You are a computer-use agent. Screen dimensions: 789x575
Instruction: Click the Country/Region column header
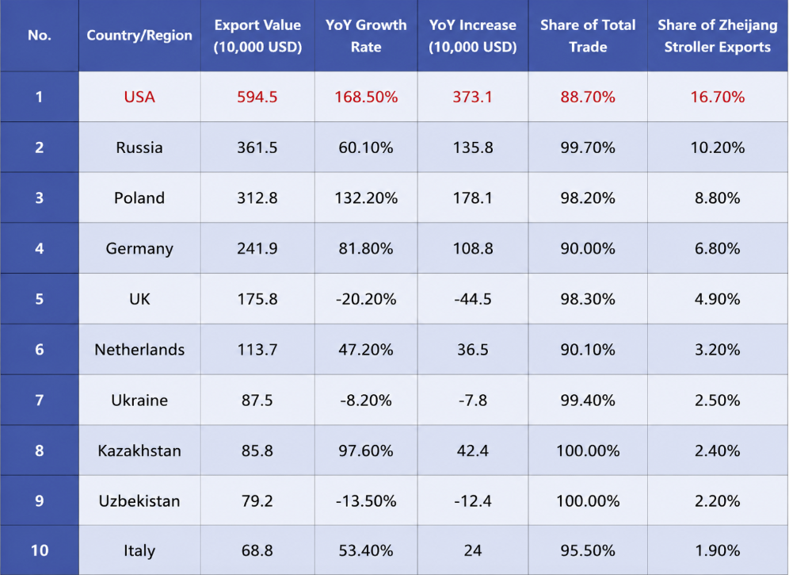pos(139,35)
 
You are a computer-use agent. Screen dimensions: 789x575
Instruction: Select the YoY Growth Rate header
pos(366,36)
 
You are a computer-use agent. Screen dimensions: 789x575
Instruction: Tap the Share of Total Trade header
pos(588,36)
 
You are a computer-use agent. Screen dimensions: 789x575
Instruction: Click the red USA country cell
pos(139,97)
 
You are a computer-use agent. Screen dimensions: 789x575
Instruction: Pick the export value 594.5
pos(257,97)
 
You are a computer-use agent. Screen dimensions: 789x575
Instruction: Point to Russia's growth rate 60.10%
pos(366,148)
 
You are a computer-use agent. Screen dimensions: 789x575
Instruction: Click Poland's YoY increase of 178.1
pos(472,198)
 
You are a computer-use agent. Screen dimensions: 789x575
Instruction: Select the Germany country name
pos(139,249)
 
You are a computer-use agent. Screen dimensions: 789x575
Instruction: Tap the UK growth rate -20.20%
pos(366,299)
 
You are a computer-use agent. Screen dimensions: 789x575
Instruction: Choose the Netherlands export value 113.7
pos(257,350)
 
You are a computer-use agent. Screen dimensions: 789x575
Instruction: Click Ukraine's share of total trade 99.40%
pos(588,401)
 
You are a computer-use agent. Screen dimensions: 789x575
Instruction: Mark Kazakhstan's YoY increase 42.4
pos(472,450)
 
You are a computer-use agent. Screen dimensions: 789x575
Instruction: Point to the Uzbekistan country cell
pos(139,501)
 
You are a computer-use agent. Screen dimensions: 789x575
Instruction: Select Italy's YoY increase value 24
pos(472,550)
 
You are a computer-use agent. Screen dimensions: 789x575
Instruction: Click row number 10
pos(40,550)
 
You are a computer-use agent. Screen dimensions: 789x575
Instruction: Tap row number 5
pos(40,299)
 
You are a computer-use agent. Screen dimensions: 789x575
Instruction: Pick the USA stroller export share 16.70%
pos(718,97)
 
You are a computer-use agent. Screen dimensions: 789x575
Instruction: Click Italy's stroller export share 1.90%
pos(718,550)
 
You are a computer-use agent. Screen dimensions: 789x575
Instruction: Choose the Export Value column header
pos(257,36)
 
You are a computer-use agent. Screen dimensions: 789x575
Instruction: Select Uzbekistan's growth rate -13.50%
pos(366,501)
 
